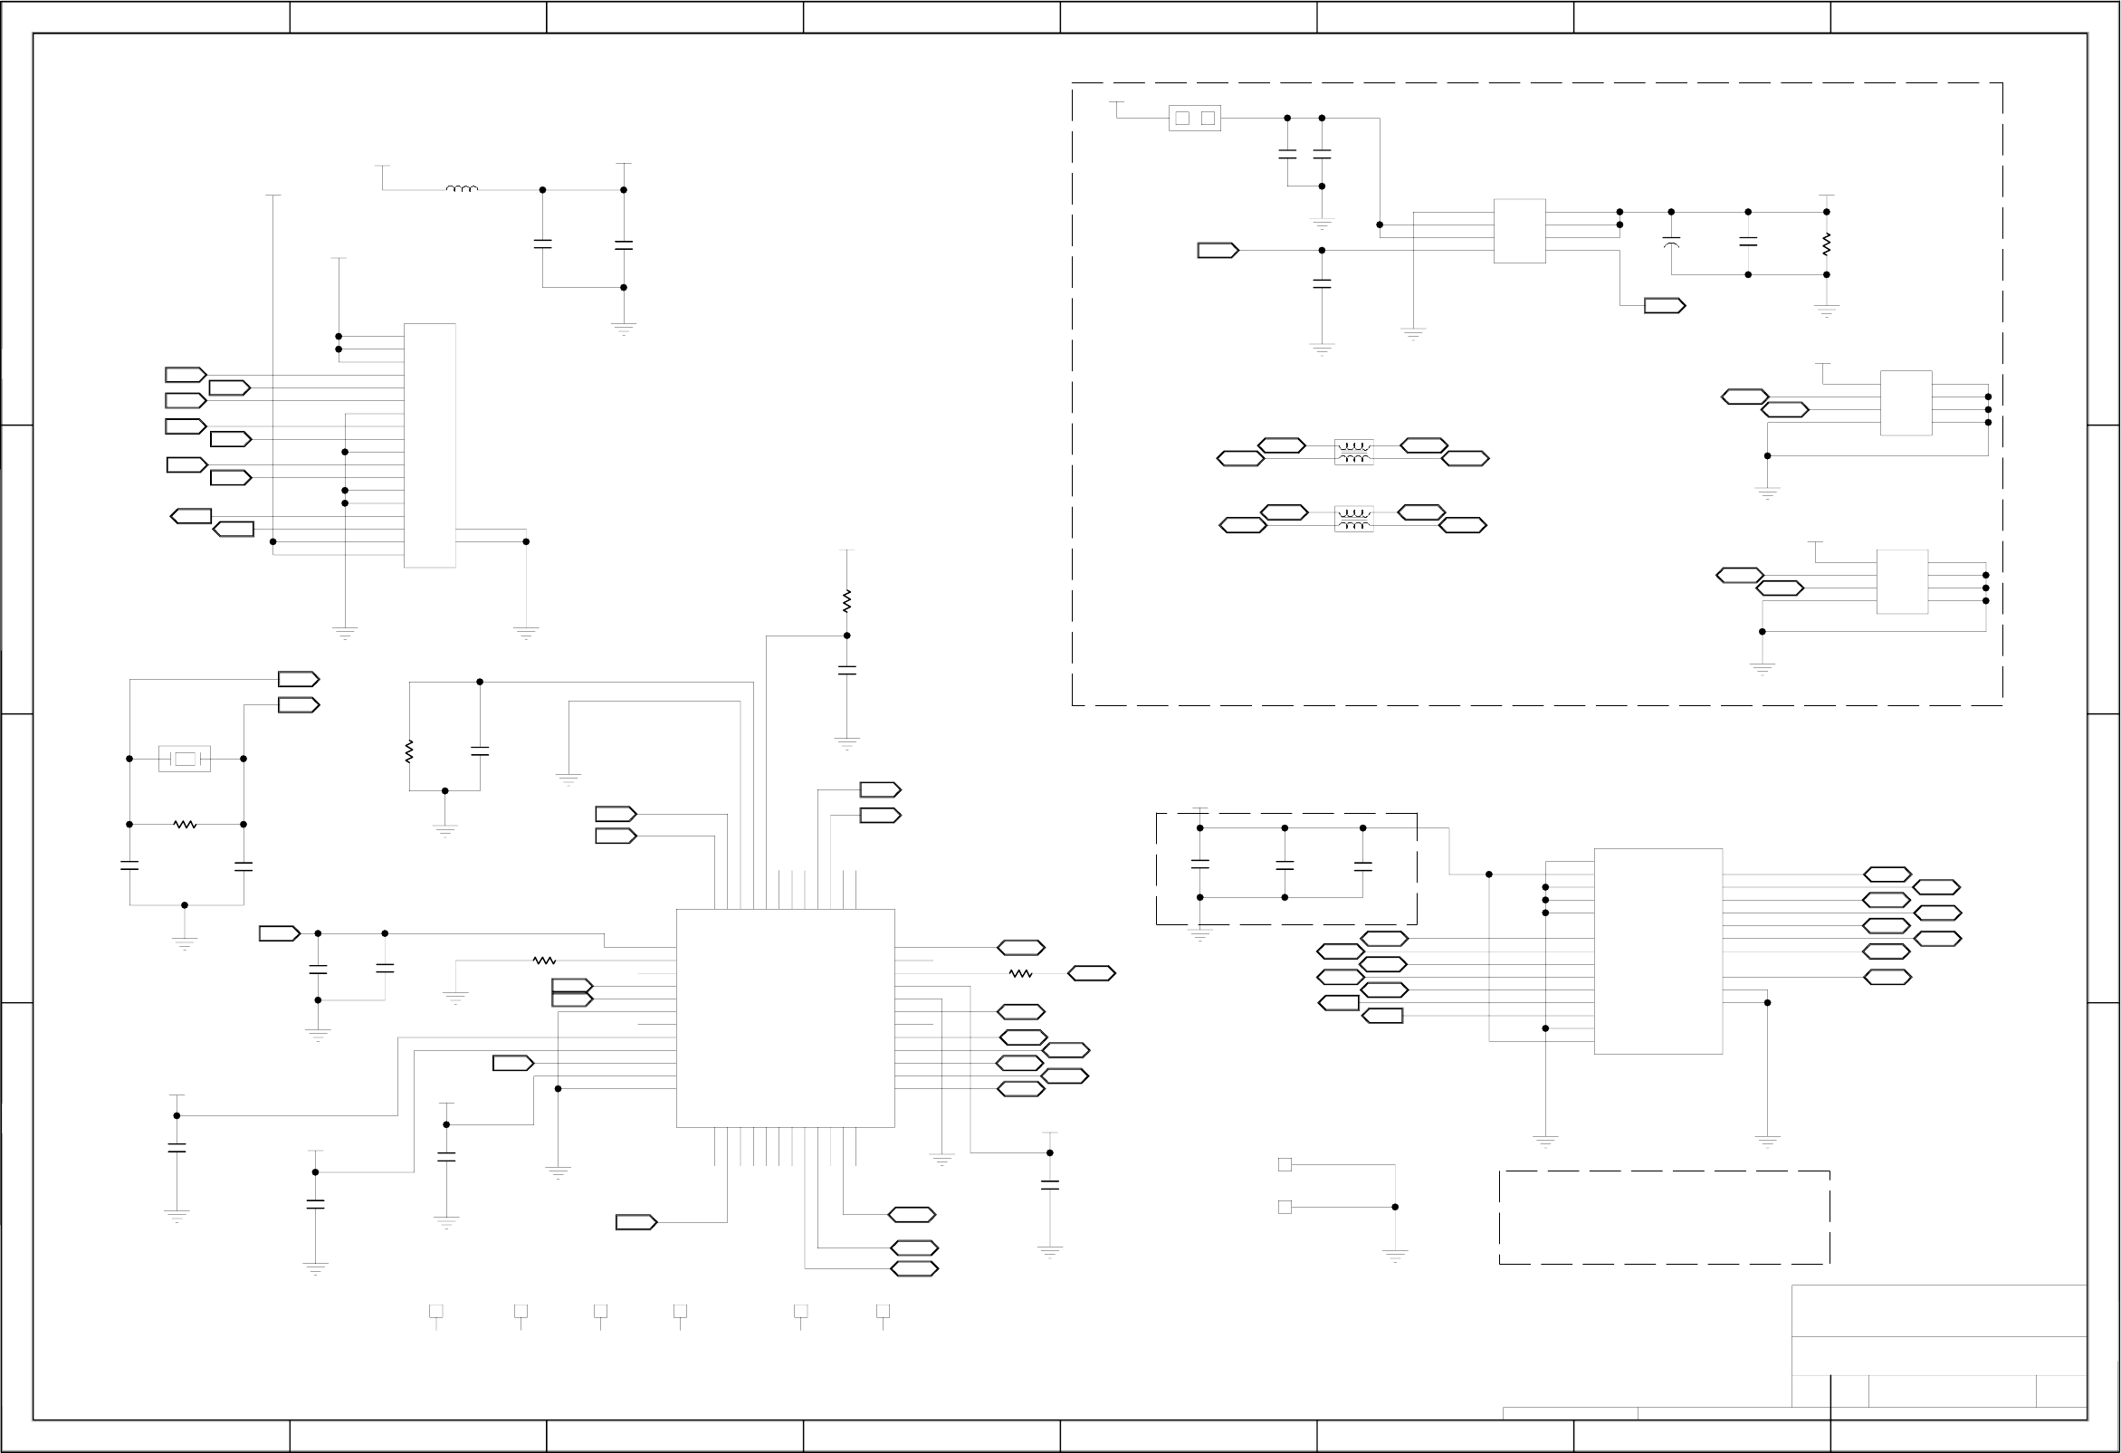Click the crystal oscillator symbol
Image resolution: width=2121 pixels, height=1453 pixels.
[185, 759]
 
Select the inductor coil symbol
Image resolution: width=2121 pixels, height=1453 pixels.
[462, 189]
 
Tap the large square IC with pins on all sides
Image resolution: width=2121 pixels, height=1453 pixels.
[785, 1018]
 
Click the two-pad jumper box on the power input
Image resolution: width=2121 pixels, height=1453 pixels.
[1195, 118]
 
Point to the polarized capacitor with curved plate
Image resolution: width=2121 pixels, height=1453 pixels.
[1671, 244]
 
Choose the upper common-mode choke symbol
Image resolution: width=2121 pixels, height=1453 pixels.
[1353, 452]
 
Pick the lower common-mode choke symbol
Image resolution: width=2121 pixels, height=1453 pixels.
[1353, 519]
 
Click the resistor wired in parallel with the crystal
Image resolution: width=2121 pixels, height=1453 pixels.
[185, 824]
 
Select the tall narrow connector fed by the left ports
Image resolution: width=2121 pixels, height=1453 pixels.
[430, 445]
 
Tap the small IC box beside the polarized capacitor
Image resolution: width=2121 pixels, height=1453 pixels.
[1520, 231]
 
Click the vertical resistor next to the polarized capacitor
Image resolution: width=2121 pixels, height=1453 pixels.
[1826, 244]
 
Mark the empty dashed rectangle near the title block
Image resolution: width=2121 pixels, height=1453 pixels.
[1664, 1218]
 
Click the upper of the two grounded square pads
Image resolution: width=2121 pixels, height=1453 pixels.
[1285, 1164]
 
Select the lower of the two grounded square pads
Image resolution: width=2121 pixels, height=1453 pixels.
[1285, 1207]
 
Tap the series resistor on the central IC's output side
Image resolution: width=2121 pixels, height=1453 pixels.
[1020, 974]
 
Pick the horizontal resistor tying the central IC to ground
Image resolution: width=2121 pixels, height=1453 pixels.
[544, 961]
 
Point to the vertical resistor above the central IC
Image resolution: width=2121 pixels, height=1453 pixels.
[847, 600]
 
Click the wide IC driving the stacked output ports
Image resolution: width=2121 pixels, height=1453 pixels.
[1658, 951]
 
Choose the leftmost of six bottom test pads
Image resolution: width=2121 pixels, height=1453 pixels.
[436, 1311]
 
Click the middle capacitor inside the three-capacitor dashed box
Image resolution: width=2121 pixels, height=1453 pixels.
[1285, 865]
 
